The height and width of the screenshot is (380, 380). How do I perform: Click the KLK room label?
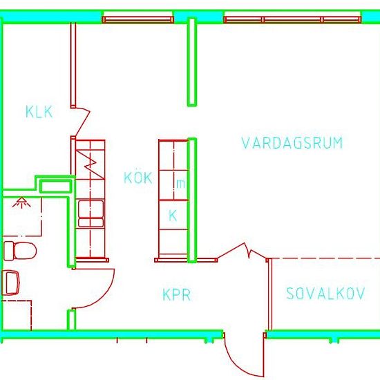pyautogui.click(x=39, y=112)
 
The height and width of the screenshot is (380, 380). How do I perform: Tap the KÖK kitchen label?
pyautogui.click(x=138, y=177)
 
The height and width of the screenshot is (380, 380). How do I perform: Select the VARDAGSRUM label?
pyautogui.click(x=292, y=143)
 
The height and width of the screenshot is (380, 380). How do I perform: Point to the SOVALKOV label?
pyautogui.click(x=325, y=294)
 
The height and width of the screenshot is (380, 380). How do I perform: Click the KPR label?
pyautogui.click(x=177, y=295)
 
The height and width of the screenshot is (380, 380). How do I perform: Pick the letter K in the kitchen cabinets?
pyautogui.click(x=173, y=216)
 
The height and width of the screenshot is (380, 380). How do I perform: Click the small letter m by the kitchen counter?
pyautogui.click(x=181, y=184)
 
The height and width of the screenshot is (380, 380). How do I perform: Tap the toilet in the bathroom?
pyautogui.click(x=20, y=251)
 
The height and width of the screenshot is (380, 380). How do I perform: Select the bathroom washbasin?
pyautogui.click(x=10, y=283)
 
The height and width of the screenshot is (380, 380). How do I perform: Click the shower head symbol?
pyautogui.click(x=21, y=202)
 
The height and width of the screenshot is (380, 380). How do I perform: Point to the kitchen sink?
pyautogui.click(x=91, y=213)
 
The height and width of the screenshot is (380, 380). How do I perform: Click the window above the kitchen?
pyautogui.click(x=138, y=19)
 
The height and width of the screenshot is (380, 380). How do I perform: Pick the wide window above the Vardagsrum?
pyautogui.click(x=292, y=19)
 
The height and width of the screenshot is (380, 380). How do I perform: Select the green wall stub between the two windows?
pyautogui.click(x=192, y=62)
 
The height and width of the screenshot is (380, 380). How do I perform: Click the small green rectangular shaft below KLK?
pyautogui.click(x=56, y=187)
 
